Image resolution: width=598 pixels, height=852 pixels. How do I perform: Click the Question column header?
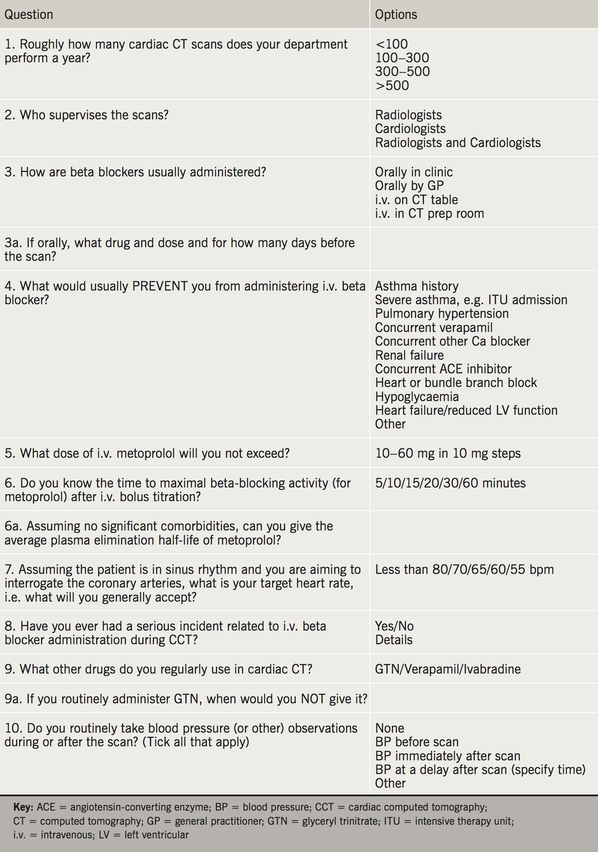pos(29,14)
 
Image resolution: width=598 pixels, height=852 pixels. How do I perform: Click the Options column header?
pos(396,14)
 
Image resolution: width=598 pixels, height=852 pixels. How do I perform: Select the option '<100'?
pos(391,44)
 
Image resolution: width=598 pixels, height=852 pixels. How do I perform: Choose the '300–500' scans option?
pos(402,72)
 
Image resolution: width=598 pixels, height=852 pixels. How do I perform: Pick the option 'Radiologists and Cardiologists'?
pos(458,143)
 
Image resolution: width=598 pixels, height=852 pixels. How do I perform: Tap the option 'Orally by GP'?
pos(409,186)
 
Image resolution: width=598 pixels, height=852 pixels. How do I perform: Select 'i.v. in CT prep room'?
pos(429,213)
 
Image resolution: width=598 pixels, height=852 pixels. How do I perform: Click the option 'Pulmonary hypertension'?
pos(442,313)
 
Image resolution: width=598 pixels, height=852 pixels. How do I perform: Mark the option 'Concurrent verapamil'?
pos(434,328)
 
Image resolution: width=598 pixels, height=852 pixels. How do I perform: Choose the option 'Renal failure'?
pos(409,355)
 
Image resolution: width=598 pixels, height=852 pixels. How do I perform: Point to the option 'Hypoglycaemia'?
pos(417,397)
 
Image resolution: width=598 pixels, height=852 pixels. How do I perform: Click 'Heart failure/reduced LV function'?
pos(466,410)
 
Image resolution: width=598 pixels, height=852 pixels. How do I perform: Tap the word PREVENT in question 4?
pos(160,286)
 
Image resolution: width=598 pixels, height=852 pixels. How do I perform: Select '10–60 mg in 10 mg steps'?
pos(448,453)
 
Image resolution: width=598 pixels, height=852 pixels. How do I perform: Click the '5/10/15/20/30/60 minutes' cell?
pos(450,483)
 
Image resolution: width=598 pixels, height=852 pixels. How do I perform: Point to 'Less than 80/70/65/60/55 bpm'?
pos(464,569)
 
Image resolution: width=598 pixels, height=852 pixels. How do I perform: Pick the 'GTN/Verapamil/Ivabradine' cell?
pos(448,669)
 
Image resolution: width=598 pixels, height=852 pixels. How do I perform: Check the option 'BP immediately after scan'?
pos(448,756)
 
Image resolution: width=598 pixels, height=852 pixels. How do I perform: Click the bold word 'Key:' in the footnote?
pos(23,807)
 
